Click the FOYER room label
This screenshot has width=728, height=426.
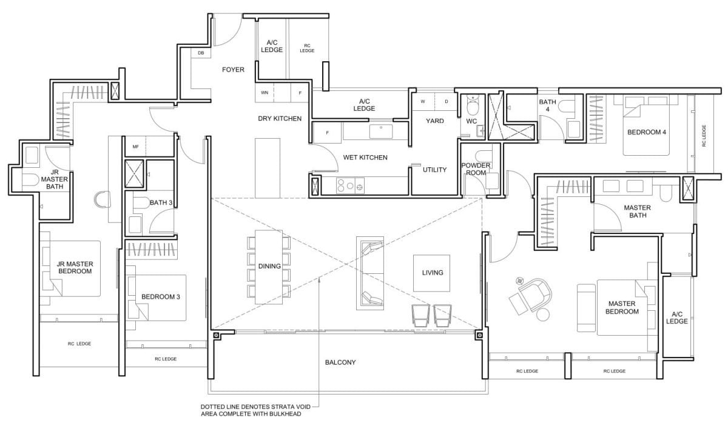[233, 70]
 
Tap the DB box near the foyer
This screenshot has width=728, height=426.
[201, 54]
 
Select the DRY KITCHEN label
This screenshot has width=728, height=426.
[280, 119]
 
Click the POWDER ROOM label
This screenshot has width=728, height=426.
[476, 169]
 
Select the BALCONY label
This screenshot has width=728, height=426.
[340, 362]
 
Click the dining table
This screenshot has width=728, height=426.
[269, 267]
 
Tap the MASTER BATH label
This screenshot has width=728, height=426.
[637, 211]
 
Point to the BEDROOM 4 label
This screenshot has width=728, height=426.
[647, 132]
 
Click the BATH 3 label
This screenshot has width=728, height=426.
[160, 202]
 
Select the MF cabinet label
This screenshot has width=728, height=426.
[135, 146]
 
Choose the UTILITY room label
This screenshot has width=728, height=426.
[434, 170]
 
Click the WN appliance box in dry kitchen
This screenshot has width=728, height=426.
[265, 93]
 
